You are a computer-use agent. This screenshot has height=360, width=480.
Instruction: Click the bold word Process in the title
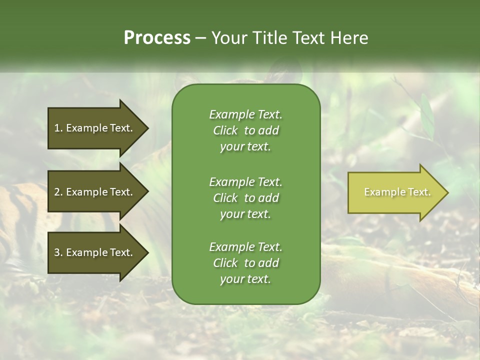click(157, 38)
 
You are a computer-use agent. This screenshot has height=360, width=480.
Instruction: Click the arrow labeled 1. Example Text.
click(95, 128)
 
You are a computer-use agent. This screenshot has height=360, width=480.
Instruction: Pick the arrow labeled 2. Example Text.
click(95, 192)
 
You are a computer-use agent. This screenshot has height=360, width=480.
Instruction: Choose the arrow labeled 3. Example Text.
click(95, 252)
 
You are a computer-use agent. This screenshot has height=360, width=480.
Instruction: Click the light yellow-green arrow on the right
click(395, 192)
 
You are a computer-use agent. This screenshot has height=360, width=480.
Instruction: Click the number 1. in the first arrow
click(58, 128)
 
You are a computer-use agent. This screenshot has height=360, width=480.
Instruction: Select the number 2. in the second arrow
click(58, 192)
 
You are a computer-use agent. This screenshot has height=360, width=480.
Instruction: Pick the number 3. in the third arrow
click(58, 252)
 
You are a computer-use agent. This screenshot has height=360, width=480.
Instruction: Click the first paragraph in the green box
click(245, 130)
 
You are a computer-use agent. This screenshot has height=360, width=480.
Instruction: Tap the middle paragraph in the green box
click(245, 197)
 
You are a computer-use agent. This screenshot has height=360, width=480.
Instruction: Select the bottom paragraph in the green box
click(245, 263)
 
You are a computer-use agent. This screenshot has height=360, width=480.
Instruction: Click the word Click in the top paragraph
click(225, 130)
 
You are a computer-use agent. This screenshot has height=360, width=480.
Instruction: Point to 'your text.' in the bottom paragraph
click(245, 279)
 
